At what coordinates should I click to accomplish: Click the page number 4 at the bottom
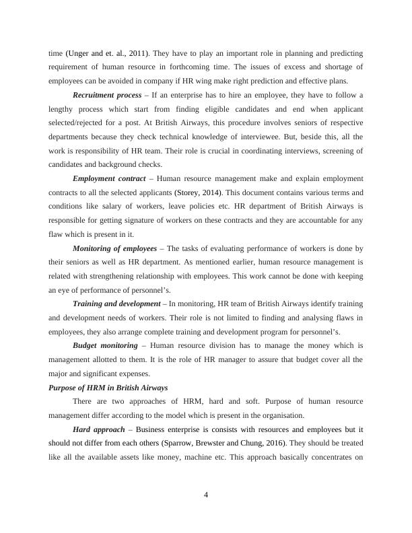(x=207, y=495)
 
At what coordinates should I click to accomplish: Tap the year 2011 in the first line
(x=131, y=52)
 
